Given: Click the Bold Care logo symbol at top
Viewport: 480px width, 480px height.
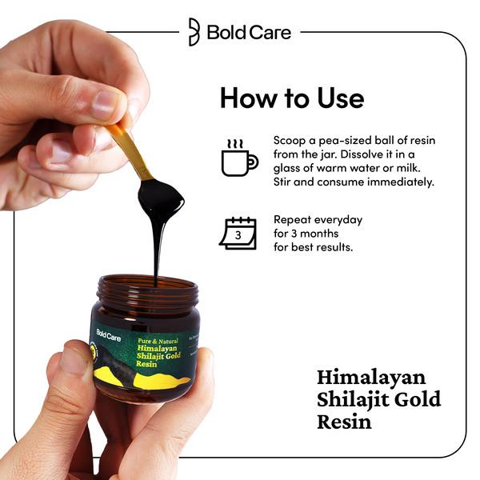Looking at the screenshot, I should (194, 32).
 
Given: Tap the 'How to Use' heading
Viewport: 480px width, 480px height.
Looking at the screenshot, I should (291, 98).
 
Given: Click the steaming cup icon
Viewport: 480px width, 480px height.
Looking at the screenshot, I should (238, 158).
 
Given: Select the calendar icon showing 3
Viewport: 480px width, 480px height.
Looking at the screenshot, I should (238, 233).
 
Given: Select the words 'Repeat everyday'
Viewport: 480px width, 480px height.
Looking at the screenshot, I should (318, 219).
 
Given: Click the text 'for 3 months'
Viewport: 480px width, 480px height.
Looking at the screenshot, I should (307, 233).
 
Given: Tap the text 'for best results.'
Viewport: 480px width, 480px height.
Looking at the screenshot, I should (314, 247).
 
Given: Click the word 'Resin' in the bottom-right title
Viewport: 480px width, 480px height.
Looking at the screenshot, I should (344, 420).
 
